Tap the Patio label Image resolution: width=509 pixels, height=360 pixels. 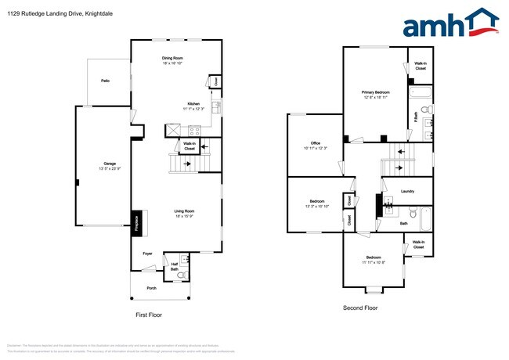[105, 81]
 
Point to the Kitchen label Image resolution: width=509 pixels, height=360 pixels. [193, 104]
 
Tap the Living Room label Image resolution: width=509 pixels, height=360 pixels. [184, 211]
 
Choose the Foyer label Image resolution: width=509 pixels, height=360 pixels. [147, 254]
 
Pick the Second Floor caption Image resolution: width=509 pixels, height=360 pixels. [360, 308]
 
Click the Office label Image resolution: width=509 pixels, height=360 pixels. [316, 143]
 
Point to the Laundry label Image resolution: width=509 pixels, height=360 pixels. [406, 191]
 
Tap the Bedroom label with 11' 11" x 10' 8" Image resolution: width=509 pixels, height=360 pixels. [374, 257]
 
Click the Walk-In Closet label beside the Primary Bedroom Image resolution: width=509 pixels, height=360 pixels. [420, 66]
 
